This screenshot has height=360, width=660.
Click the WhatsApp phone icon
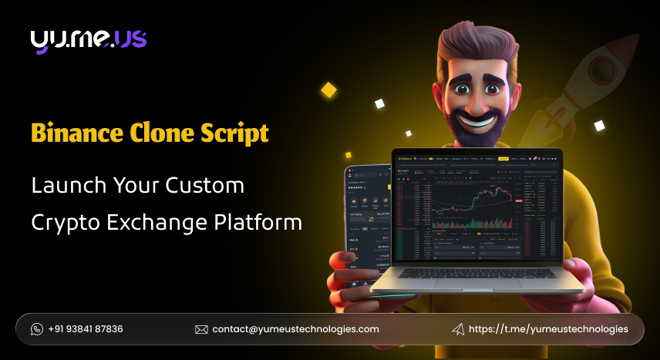point(37,329)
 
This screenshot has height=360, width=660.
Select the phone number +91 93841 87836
point(86,329)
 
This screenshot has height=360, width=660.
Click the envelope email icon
point(201,329)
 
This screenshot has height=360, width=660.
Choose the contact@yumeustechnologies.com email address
point(296,329)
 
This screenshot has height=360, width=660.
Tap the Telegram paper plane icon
point(458,329)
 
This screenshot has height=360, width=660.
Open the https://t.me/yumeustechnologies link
point(549,329)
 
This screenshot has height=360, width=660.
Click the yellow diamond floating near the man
point(329,90)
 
